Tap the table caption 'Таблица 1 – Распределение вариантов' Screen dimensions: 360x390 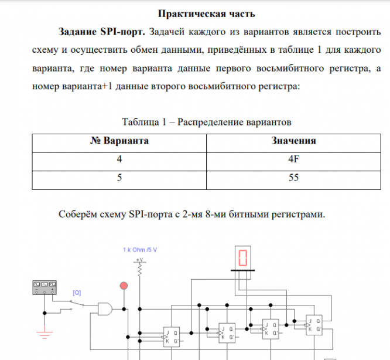pyautogui.click(x=206, y=123)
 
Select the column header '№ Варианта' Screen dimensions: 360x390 pyautogui.click(x=119, y=141)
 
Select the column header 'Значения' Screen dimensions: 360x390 pyautogui.click(x=294, y=141)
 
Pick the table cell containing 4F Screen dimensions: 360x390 pyautogui.click(x=294, y=159)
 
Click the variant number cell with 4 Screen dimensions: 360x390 pyautogui.click(x=119, y=159)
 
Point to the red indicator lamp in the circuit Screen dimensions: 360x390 pyautogui.click(x=124, y=286)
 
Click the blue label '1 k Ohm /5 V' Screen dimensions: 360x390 pyautogui.click(x=141, y=249)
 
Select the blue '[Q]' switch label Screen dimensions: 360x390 pyautogui.click(x=77, y=292)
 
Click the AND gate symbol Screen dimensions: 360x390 pyautogui.click(x=106, y=308)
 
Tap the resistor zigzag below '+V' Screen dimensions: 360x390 pyautogui.click(x=140, y=269)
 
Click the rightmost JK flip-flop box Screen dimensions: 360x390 pyautogui.click(x=314, y=325)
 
